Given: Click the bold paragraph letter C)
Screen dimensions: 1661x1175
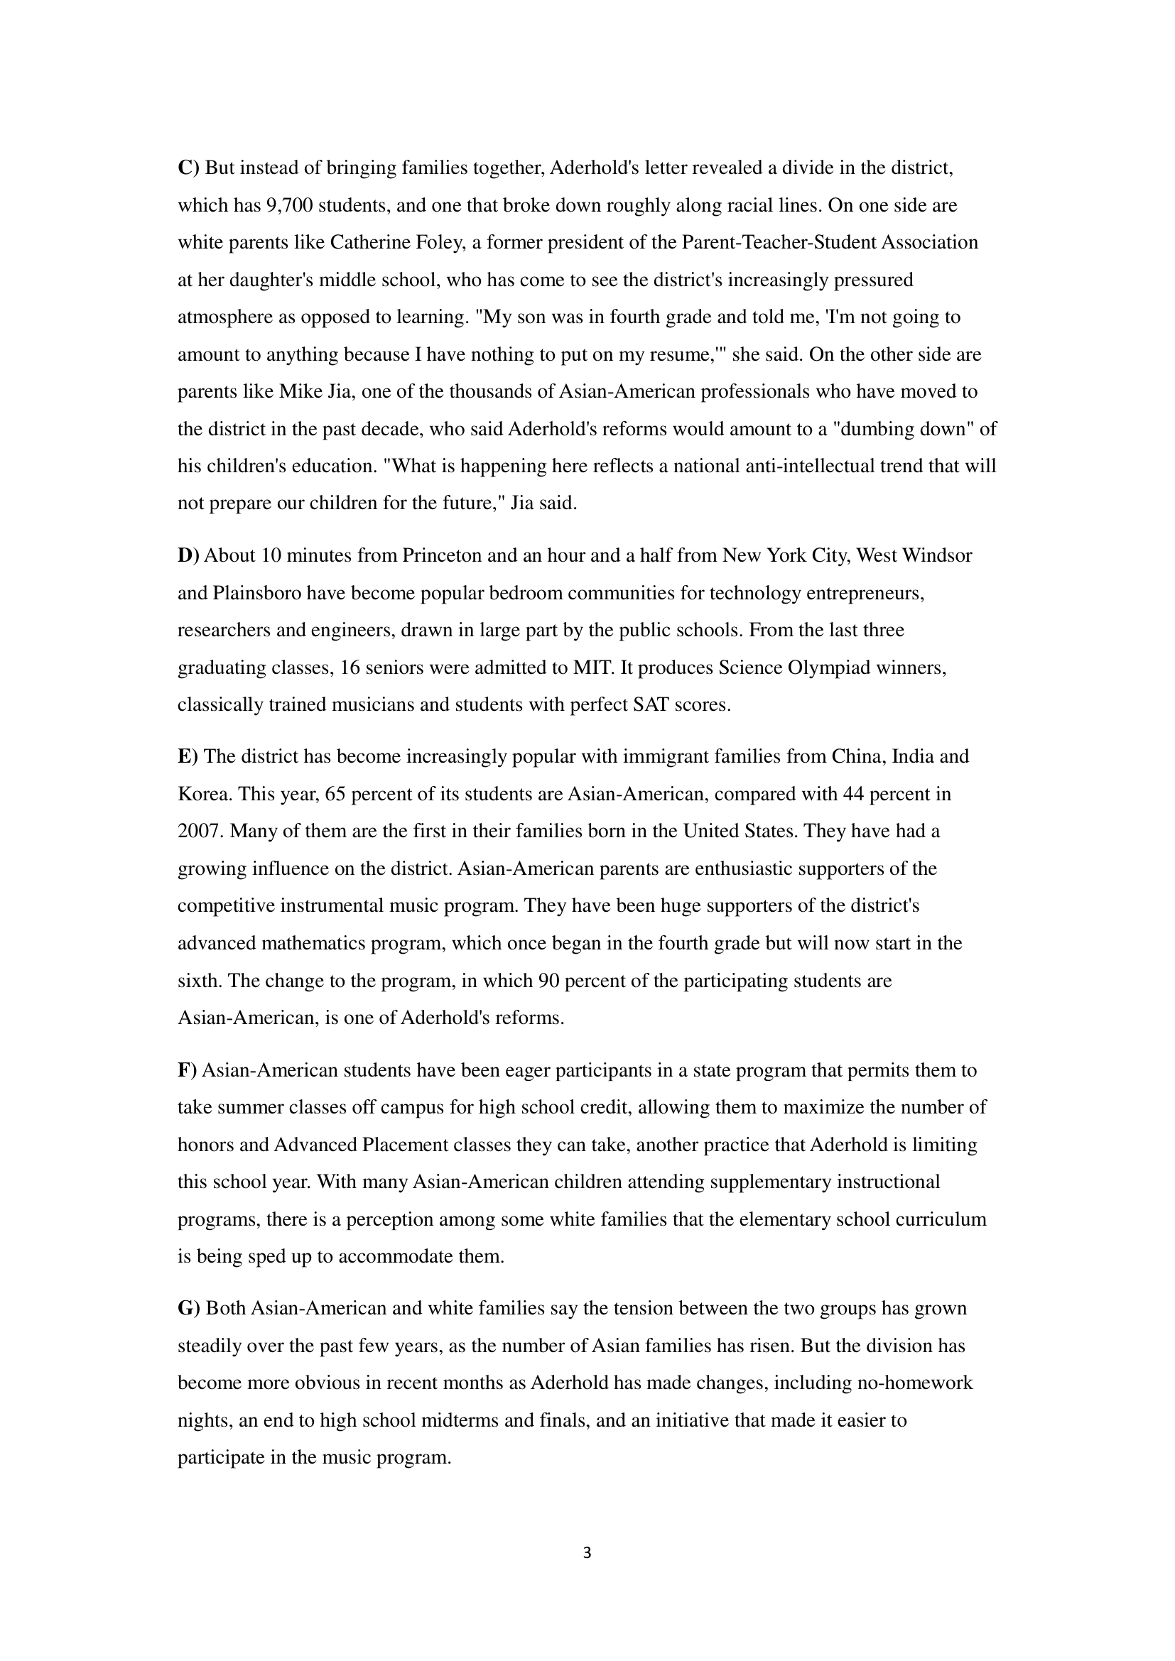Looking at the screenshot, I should (188, 168).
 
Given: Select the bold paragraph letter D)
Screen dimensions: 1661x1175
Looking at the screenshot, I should (188, 555).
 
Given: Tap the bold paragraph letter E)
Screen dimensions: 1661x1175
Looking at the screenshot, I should (188, 757).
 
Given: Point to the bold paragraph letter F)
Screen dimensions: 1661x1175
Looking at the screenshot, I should (187, 1070).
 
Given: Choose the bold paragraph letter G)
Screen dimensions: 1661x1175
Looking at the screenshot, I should (188, 1308).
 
